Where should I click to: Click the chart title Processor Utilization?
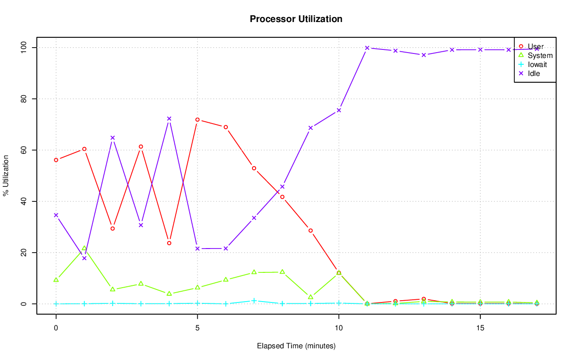point(296,19)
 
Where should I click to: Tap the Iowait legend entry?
point(537,64)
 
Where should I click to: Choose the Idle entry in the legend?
point(534,73)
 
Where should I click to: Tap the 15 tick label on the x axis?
point(480,328)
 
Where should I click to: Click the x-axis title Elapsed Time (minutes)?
point(296,346)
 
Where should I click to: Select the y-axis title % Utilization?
point(6,175)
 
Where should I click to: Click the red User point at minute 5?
point(197,120)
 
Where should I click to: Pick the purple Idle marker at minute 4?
point(169,119)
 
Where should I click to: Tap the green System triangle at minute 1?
point(84,248)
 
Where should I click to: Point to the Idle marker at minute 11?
point(367,48)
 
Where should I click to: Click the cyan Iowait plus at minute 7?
point(254,301)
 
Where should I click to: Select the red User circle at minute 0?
point(56,160)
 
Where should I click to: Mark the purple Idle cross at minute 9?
point(310,128)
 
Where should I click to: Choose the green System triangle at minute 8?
point(282,272)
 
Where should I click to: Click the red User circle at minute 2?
point(112,228)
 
